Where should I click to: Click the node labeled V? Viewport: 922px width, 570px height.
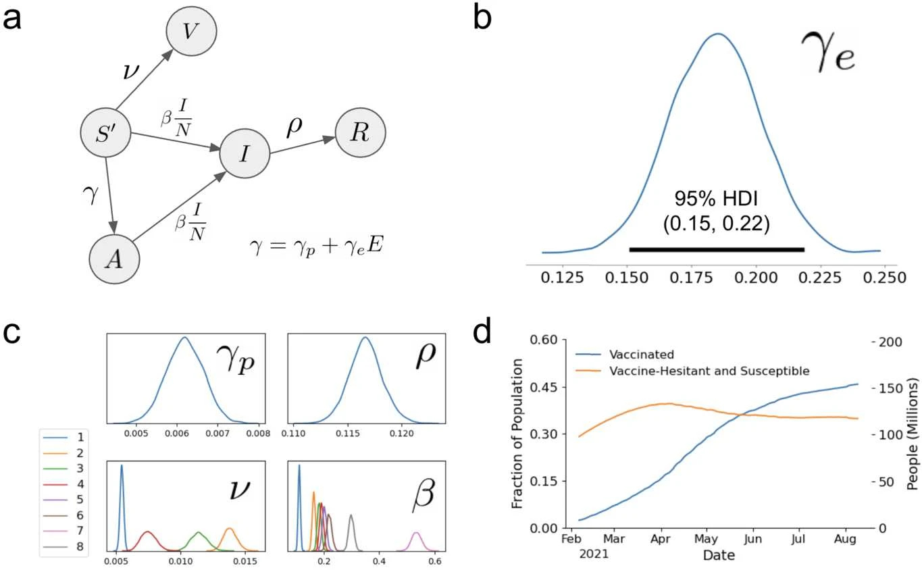(190, 32)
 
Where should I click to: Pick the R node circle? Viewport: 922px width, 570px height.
(361, 134)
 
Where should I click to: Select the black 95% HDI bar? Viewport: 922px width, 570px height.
(717, 250)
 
